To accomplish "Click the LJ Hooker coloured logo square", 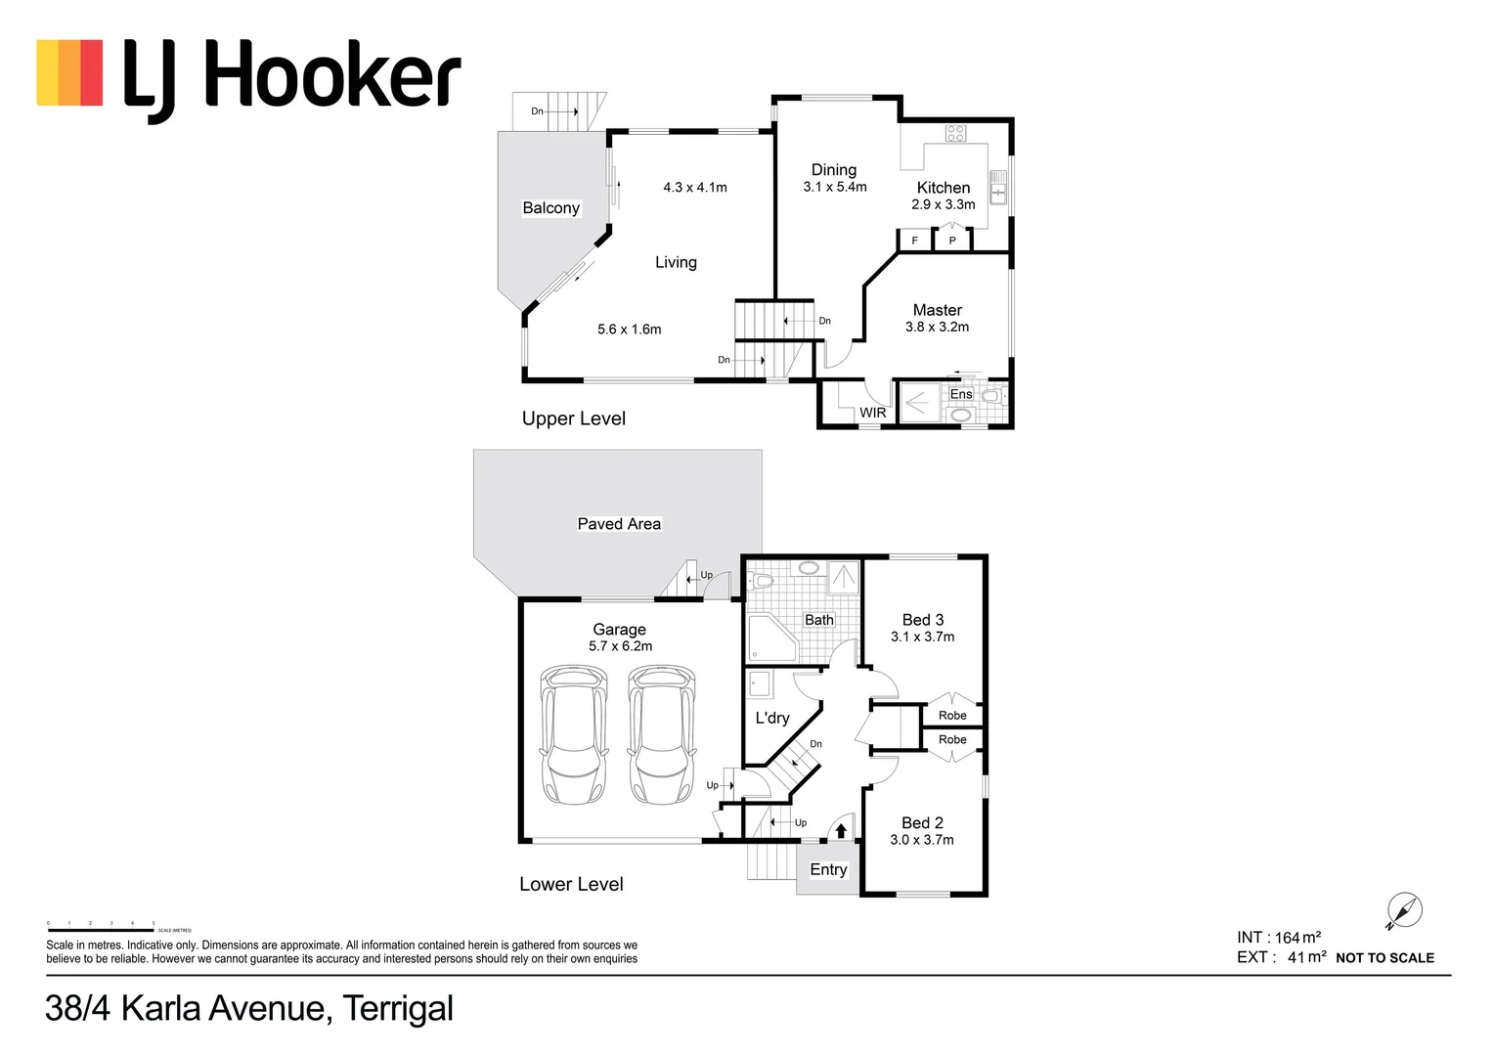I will (69, 72).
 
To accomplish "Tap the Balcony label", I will (550, 207).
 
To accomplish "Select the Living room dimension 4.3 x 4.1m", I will (694, 187).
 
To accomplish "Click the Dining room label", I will (833, 169).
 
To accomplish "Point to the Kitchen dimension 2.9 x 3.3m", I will (943, 204).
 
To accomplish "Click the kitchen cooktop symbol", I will (955, 133).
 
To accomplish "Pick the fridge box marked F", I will (915, 240).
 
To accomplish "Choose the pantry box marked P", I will (952, 240).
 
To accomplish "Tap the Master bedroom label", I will (937, 309).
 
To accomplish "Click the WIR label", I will (872, 413).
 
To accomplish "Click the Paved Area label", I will (618, 523).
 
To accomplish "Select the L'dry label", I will (771, 718).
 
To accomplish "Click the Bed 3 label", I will (922, 619).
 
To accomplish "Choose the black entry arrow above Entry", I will (841, 831).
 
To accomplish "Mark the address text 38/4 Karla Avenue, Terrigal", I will (249, 1008).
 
